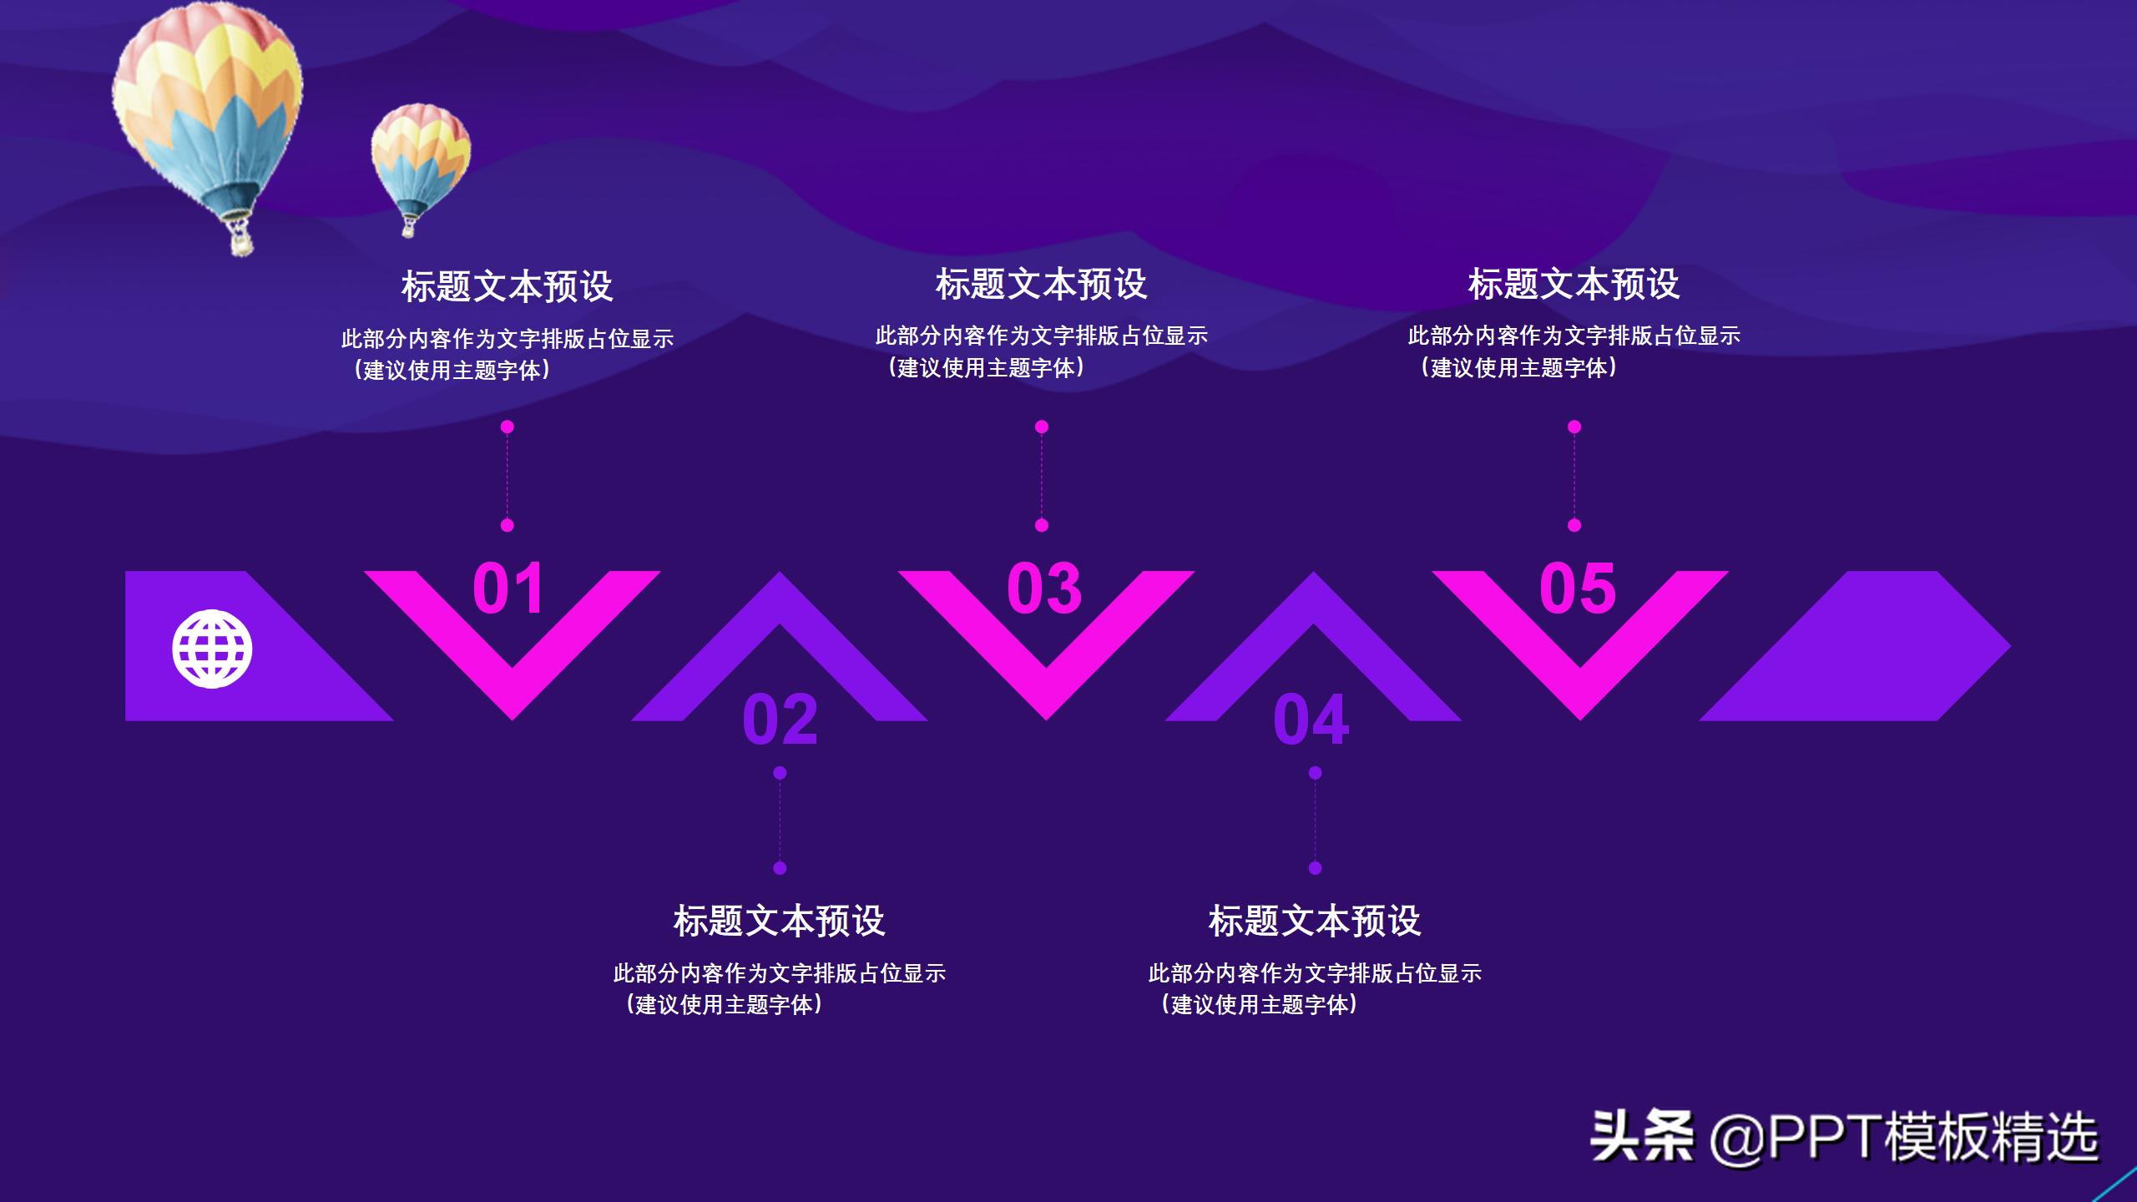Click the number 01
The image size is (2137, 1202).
(x=508, y=588)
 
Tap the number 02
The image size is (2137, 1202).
(x=780, y=719)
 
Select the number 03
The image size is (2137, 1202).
(x=1044, y=588)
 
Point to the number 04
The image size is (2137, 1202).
(x=1311, y=719)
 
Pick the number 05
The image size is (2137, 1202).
(x=1578, y=588)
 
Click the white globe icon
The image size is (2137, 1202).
(x=212, y=649)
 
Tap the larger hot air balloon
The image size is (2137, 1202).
(x=209, y=109)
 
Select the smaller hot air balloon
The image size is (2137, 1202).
(x=420, y=159)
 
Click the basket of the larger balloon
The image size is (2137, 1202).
(x=240, y=242)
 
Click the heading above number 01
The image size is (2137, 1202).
(x=508, y=286)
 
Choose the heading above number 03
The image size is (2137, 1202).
(x=1041, y=284)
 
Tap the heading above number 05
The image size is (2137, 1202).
(x=1574, y=284)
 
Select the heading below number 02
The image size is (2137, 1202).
(x=779, y=921)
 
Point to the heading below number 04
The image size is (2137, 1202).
(x=1315, y=921)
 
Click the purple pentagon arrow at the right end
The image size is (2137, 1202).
(x=1878, y=647)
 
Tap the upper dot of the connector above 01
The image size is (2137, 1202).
(x=508, y=427)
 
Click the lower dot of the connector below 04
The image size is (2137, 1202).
(x=1315, y=868)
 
